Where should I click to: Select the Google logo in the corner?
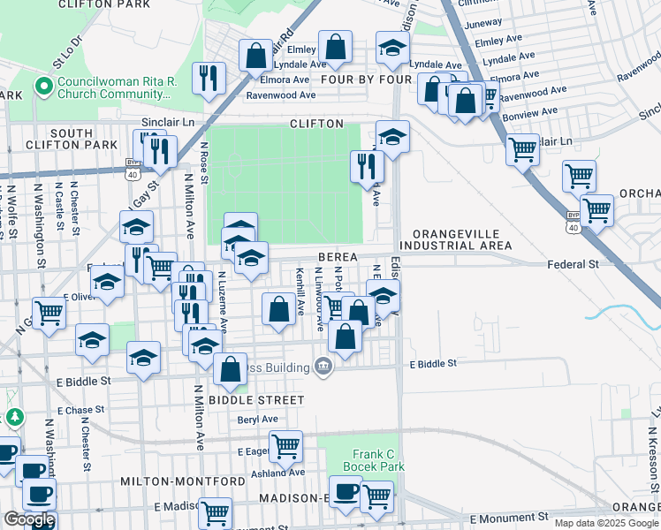(28, 519)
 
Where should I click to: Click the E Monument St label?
(511, 518)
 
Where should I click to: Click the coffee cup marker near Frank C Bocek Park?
(346, 490)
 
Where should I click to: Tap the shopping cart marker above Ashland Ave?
(285, 445)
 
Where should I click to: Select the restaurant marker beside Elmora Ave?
(209, 77)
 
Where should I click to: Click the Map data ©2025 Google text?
(606, 524)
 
